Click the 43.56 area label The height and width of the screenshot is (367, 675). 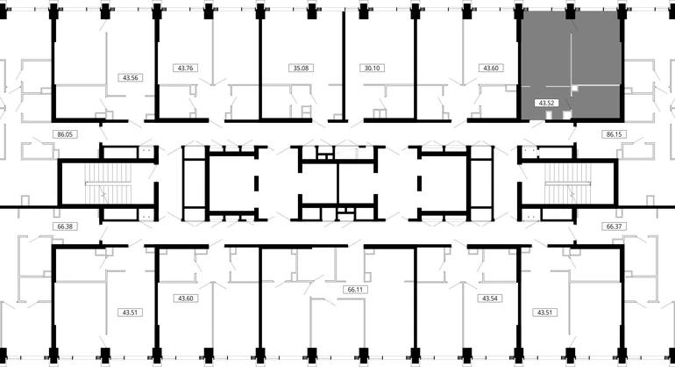point(129,76)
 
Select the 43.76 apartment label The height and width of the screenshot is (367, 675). point(186,67)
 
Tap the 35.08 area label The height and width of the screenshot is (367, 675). point(301,67)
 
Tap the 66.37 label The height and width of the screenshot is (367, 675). point(613,226)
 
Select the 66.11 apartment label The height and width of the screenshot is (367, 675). point(355,288)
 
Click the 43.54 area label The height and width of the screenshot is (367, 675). point(489,299)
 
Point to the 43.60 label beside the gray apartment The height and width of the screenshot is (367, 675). point(489,67)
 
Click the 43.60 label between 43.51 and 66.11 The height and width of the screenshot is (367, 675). point(186,299)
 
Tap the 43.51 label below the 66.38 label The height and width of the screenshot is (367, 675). point(129,312)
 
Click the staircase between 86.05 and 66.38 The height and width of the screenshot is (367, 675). point(106,188)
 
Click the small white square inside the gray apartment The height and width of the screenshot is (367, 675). point(575,89)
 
